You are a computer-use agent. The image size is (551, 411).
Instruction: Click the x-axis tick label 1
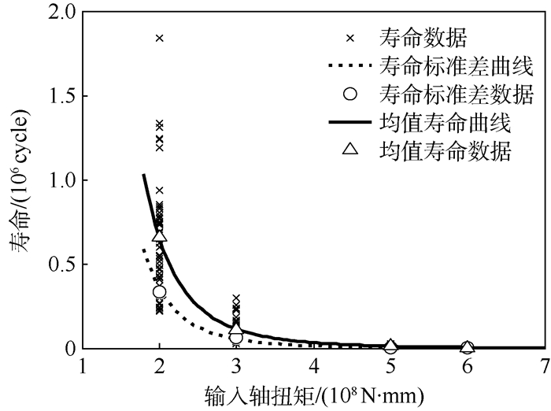83,367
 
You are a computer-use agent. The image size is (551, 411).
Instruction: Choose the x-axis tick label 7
544,367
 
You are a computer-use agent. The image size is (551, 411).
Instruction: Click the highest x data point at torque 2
160,38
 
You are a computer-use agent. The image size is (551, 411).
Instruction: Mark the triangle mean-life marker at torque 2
160,235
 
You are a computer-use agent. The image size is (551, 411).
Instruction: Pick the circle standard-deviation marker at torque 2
160,292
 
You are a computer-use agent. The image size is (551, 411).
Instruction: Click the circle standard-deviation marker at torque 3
236,337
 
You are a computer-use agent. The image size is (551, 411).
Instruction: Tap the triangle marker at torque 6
467,346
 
